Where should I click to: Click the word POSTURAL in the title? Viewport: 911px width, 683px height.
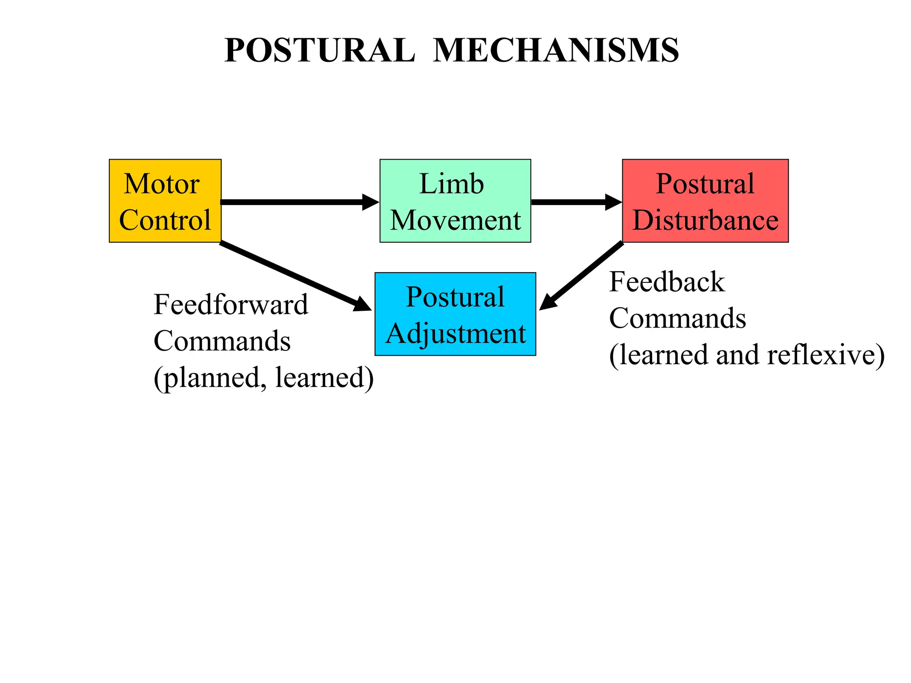(x=319, y=50)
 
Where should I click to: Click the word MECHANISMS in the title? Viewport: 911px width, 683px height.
(x=556, y=50)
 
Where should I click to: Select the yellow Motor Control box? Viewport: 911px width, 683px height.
(x=165, y=201)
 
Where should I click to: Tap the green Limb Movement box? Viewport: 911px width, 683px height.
(x=455, y=201)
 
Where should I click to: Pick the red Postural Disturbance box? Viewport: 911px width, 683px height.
(x=705, y=201)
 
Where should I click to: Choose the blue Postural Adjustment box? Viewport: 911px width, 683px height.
(x=455, y=314)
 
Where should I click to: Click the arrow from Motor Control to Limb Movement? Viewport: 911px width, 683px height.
(x=298, y=202)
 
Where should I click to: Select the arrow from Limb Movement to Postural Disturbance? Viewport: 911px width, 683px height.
(x=574, y=202)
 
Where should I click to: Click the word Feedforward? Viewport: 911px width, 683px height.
(x=230, y=305)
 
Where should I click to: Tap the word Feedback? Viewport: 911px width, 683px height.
(x=667, y=282)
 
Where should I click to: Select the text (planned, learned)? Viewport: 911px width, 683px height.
(x=263, y=378)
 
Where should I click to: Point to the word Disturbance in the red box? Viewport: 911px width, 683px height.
(x=705, y=220)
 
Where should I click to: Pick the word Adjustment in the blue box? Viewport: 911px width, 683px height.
(x=455, y=333)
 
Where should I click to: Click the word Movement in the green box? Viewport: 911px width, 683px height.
(x=455, y=220)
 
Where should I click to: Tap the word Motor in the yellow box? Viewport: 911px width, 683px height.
(x=161, y=184)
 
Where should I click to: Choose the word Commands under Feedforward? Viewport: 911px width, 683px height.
(x=222, y=341)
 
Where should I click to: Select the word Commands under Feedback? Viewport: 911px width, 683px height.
(x=677, y=318)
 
